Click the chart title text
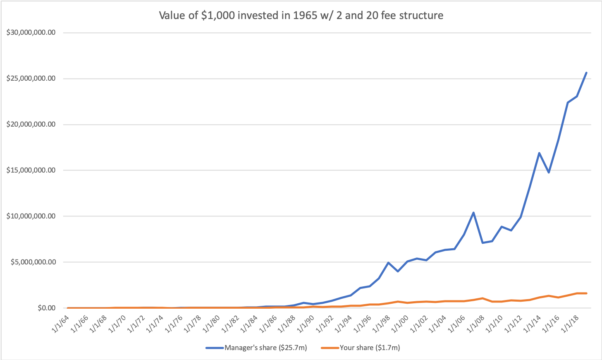pyautogui.click(x=301, y=16)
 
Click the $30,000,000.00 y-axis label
pyautogui.click(x=31, y=33)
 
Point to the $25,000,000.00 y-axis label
pyautogui.click(x=31, y=79)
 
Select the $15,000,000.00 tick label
pyautogui.click(x=31, y=170)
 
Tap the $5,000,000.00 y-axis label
pyautogui.click(x=33, y=262)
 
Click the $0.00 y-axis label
pyautogui.click(x=46, y=308)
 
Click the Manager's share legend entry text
pyautogui.click(x=265, y=348)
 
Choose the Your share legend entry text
pyautogui.click(x=370, y=348)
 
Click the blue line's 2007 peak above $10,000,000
pyautogui.click(x=473, y=213)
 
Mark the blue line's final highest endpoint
pyautogui.click(x=586, y=73)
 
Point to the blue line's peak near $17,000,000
pyautogui.click(x=539, y=153)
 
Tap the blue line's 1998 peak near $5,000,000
pyautogui.click(x=388, y=262)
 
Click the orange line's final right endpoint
pyautogui.click(x=586, y=293)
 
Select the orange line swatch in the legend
pyautogui.click(x=330, y=348)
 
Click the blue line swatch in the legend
pyautogui.click(x=215, y=348)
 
